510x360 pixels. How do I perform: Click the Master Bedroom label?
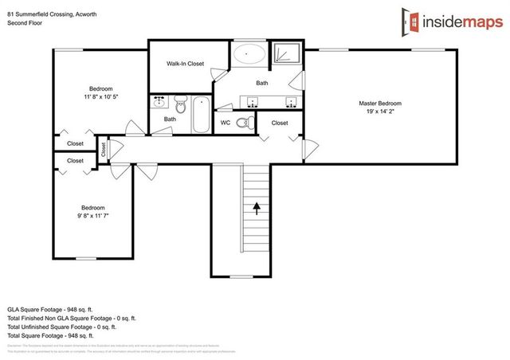(x=379, y=104)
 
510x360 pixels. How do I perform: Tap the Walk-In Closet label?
(x=185, y=63)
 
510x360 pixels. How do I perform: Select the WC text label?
(x=226, y=123)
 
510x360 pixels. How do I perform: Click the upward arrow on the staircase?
(x=257, y=209)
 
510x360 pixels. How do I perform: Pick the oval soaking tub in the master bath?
(x=250, y=55)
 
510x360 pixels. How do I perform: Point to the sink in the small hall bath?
(x=159, y=103)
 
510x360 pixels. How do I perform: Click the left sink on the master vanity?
(x=253, y=102)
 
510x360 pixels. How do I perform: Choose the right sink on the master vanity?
(x=290, y=102)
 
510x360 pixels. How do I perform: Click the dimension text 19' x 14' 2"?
(x=379, y=112)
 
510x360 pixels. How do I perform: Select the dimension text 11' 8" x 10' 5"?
(x=100, y=96)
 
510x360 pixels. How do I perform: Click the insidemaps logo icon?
(x=410, y=22)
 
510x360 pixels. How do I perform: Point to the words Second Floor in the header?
(x=24, y=22)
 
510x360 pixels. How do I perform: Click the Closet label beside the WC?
(x=280, y=123)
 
